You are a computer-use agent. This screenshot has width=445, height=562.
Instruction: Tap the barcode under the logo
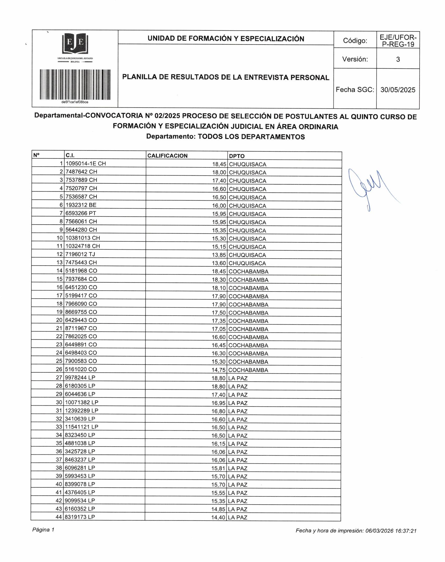pos(75,84)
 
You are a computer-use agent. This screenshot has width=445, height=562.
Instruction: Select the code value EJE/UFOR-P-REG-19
pos(398,41)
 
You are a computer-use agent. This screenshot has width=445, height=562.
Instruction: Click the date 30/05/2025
pos(398,90)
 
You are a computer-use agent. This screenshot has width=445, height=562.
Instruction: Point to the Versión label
pos(355,59)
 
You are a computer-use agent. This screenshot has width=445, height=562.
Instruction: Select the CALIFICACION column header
pos(167,156)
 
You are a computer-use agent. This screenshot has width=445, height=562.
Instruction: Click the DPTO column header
pos(237,156)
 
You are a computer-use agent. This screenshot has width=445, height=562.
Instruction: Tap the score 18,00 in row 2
pos(219,173)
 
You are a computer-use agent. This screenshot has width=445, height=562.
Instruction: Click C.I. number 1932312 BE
pos(81,205)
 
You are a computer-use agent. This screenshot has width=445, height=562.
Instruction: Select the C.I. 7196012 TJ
pos(80,254)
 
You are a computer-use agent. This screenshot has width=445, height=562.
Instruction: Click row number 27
pos(59,378)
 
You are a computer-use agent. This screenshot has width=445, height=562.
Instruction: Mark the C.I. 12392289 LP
pos(82,411)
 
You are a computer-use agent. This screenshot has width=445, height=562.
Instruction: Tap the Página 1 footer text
pos(43,530)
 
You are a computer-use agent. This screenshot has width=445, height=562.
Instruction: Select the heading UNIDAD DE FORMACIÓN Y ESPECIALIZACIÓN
pos(226,39)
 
